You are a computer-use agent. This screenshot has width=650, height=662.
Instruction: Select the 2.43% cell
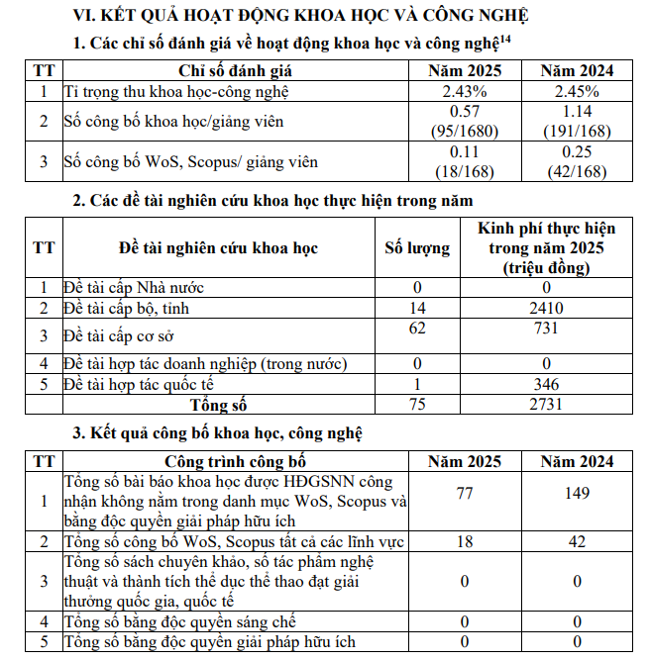(464, 90)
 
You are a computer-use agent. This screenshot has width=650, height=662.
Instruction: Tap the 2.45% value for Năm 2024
(577, 90)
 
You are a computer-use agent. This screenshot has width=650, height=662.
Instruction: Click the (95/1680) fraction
(464, 131)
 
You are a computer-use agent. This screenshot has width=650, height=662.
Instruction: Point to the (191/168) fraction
(577, 131)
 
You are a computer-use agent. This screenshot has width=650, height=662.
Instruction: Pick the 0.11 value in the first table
(464, 152)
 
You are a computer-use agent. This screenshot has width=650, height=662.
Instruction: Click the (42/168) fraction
(577, 170)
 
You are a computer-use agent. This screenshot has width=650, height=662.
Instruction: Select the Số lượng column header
(416, 247)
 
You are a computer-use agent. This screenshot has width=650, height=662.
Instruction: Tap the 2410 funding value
(546, 309)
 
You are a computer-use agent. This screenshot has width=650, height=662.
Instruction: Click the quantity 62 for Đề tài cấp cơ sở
(416, 328)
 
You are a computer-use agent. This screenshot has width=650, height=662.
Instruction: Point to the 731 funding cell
(546, 329)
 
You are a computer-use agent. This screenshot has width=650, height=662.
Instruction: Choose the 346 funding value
(546, 384)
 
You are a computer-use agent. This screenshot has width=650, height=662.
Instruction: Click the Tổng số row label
(218, 404)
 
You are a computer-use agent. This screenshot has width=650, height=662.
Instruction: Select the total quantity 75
(416, 404)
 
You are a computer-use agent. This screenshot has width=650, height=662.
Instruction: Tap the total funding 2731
(546, 404)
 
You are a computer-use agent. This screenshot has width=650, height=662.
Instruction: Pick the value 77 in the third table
(464, 494)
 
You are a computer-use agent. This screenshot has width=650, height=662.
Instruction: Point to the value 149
(577, 494)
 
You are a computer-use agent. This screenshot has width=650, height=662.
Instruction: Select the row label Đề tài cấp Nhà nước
(134, 288)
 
